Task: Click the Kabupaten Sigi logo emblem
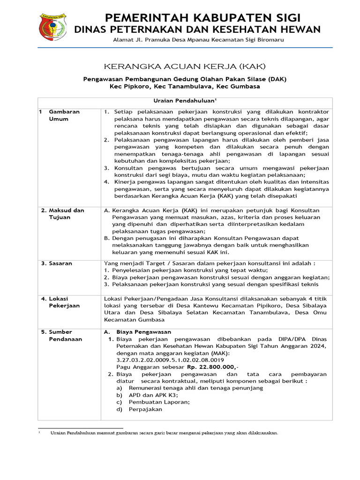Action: pos(52,27)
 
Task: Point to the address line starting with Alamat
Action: pos(198,40)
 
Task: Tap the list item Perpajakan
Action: pos(145,409)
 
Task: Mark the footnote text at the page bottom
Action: pos(164,433)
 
